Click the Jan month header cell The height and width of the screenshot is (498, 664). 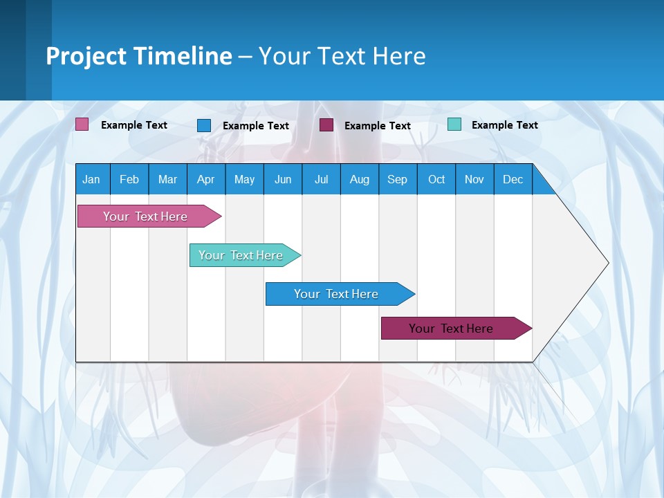[92, 179]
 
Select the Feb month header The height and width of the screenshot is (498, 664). [129, 179]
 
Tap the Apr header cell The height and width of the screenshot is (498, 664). [206, 179]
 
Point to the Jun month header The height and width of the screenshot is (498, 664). [283, 179]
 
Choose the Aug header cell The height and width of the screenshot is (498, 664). [360, 179]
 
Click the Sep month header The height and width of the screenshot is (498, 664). [398, 179]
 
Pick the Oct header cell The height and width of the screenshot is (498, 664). [436, 179]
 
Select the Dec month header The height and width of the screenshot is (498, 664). [513, 179]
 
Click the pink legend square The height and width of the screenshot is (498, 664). [82, 124]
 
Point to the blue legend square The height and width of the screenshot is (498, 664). [204, 125]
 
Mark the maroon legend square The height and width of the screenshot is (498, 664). [326, 125]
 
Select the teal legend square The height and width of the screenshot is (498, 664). [454, 124]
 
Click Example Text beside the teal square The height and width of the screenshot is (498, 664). [504, 125]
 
